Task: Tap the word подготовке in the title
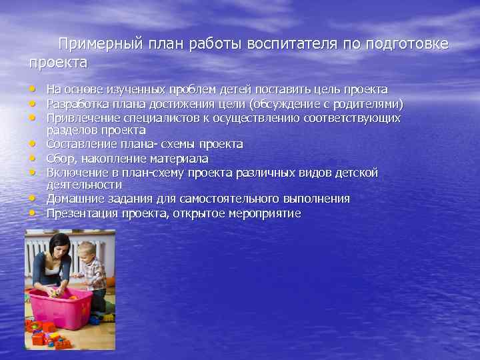point(407,45)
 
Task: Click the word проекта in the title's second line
point(58,63)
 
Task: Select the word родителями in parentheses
point(369,104)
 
